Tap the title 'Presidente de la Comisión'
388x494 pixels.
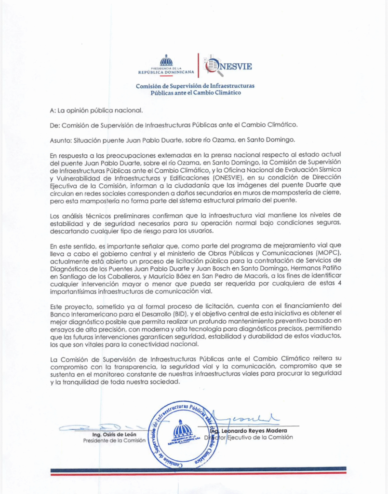114,440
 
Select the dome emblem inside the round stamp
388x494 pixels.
183,429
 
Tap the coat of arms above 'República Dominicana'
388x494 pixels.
166,61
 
